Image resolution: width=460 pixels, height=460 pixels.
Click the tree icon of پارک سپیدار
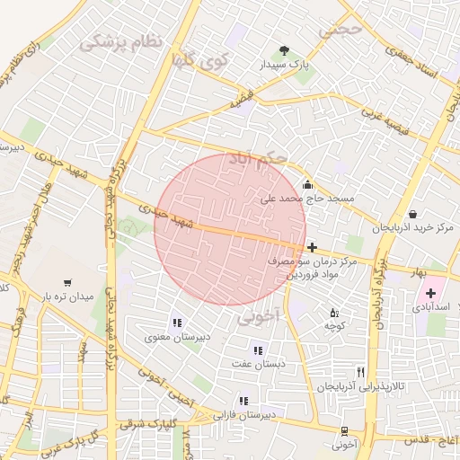pyautogui.click(x=285, y=50)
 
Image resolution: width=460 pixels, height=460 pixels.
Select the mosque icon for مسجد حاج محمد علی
pyautogui.click(x=307, y=181)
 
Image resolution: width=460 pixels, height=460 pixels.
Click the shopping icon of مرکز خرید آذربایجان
pyautogui.click(x=411, y=214)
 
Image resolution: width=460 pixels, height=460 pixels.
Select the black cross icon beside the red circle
pyautogui.click(x=312, y=247)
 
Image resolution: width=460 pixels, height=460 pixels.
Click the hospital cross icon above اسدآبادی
pyautogui.click(x=430, y=293)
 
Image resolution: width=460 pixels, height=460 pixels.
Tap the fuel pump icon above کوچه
pyautogui.click(x=334, y=313)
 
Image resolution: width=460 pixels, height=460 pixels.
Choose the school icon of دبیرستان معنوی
pyautogui.click(x=177, y=323)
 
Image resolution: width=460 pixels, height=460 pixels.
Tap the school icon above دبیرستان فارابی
pyautogui.click(x=242, y=401)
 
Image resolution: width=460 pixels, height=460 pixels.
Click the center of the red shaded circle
pyautogui.click(x=230, y=229)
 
